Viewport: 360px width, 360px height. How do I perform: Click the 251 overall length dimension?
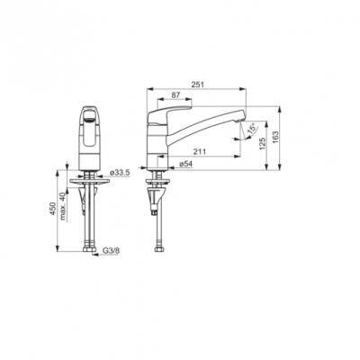point(198,85)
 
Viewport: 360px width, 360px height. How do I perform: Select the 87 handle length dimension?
point(175,94)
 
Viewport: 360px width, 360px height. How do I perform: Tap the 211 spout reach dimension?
point(200,152)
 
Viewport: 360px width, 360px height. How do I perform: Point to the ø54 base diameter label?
point(185,164)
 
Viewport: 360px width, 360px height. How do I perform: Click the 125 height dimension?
point(263,145)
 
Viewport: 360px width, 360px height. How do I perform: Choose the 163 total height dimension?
point(275,138)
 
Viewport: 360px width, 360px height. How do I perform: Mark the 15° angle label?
point(252,128)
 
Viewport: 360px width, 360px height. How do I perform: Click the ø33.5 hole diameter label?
point(120,173)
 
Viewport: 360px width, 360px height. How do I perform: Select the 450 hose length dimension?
point(53,209)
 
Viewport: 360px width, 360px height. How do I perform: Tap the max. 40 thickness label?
point(63,206)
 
